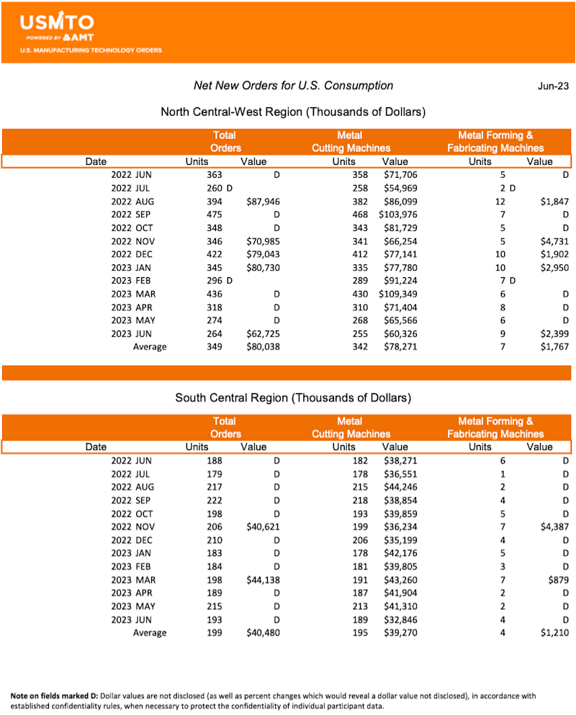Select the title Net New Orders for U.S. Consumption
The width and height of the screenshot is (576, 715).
point(293,86)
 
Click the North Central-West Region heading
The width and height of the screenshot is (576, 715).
point(293,112)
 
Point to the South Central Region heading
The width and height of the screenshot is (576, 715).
point(293,397)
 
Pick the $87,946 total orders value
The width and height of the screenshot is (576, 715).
point(262,202)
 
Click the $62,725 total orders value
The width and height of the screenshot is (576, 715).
point(262,333)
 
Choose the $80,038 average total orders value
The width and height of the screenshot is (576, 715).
point(262,346)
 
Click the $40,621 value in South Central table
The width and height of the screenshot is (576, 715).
point(262,527)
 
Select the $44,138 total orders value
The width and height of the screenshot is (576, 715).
point(262,580)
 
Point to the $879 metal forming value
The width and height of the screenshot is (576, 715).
point(557,580)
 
